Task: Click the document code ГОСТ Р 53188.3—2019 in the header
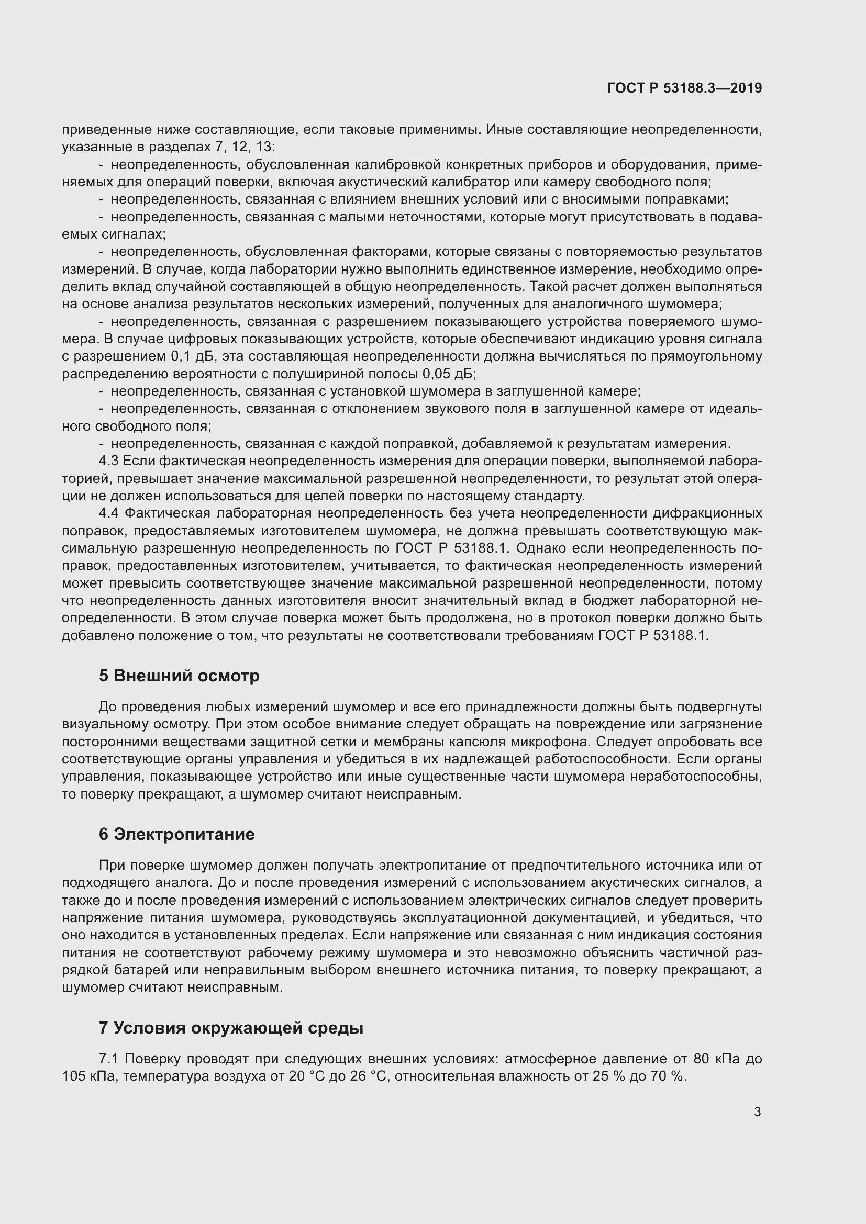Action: [684, 88]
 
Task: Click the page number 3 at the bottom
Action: [757, 1112]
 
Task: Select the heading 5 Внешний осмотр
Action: [179, 676]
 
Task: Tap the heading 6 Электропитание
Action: [176, 834]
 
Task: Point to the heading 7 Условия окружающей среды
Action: [231, 1028]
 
